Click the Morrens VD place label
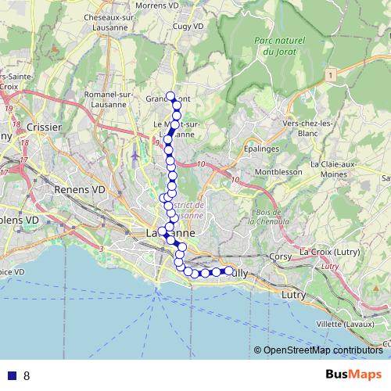[x=159, y=6]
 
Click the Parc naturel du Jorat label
[x=278, y=46]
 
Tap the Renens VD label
[x=79, y=189]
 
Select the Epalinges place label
[x=240, y=147]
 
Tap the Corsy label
[x=280, y=255]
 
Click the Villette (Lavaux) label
[x=340, y=322]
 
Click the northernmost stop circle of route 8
[x=170, y=95]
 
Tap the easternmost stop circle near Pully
[x=230, y=271]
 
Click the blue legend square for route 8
[x=12, y=375]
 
